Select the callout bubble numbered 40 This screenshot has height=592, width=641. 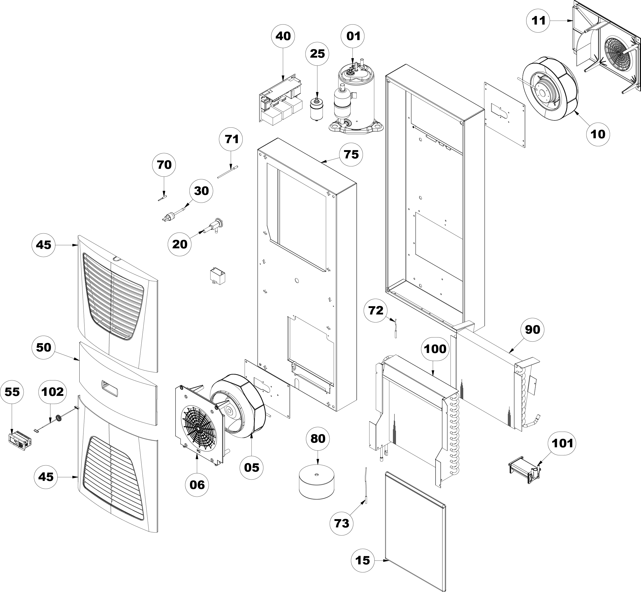pyautogui.click(x=283, y=36)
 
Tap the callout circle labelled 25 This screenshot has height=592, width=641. pyautogui.click(x=317, y=53)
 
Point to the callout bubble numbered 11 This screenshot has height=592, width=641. pyautogui.click(x=538, y=20)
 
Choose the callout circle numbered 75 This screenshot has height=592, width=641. pyautogui.click(x=351, y=155)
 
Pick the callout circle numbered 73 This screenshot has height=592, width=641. pyautogui.click(x=342, y=523)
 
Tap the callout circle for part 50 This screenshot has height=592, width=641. pyautogui.click(x=44, y=347)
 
